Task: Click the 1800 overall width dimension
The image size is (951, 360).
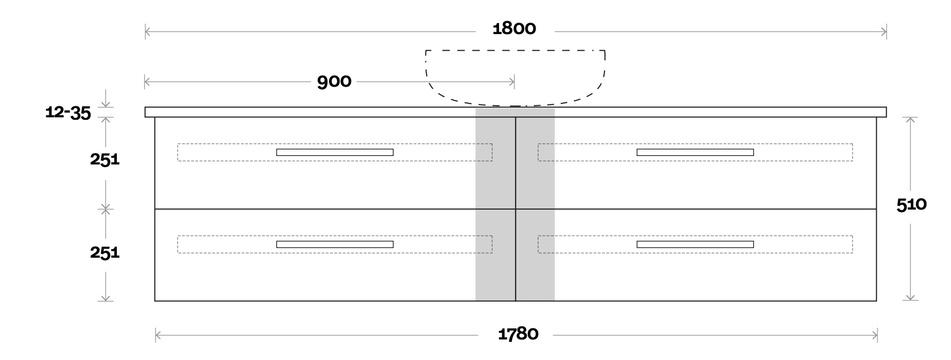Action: [x=514, y=29]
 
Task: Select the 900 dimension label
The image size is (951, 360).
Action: [x=334, y=82]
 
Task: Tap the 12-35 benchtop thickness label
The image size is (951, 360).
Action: [x=68, y=112]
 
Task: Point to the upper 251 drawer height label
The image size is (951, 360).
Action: [x=105, y=159]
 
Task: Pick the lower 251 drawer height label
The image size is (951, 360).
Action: [x=105, y=252]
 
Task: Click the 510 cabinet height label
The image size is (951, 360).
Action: [x=911, y=205]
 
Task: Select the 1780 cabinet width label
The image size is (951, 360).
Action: [x=518, y=334]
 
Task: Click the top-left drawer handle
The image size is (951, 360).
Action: [x=335, y=152]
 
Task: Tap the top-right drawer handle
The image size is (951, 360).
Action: [x=695, y=152]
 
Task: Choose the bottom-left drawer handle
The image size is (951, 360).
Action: [x=335, y=245]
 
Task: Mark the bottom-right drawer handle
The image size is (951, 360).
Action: [x=695, y=245]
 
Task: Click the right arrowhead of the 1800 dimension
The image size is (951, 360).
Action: [x=884, y=32]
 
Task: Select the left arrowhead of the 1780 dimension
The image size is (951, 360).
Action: [x=157, y=335]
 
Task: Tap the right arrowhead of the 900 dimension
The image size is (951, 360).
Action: [x=512, y=82]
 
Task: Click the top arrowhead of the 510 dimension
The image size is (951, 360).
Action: [x=910, y=120]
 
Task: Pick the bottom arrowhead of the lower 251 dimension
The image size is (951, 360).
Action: [x=105, y=298]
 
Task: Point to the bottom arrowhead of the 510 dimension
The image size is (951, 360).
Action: [x=910, y=297]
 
